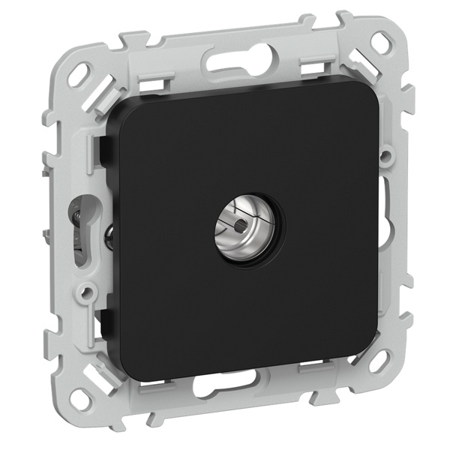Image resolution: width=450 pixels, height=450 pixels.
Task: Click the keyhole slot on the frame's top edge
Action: pyautogui.click(x=241, y=58)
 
